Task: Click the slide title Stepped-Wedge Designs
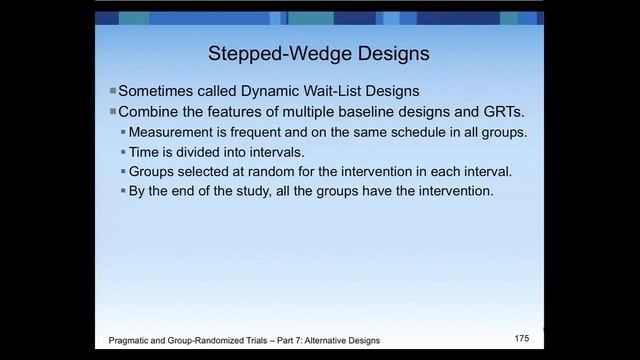319,52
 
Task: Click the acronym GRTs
489,111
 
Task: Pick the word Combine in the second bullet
150,111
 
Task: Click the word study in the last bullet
260,190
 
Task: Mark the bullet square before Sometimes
113,90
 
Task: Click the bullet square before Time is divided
123,152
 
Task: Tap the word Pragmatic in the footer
132,341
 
